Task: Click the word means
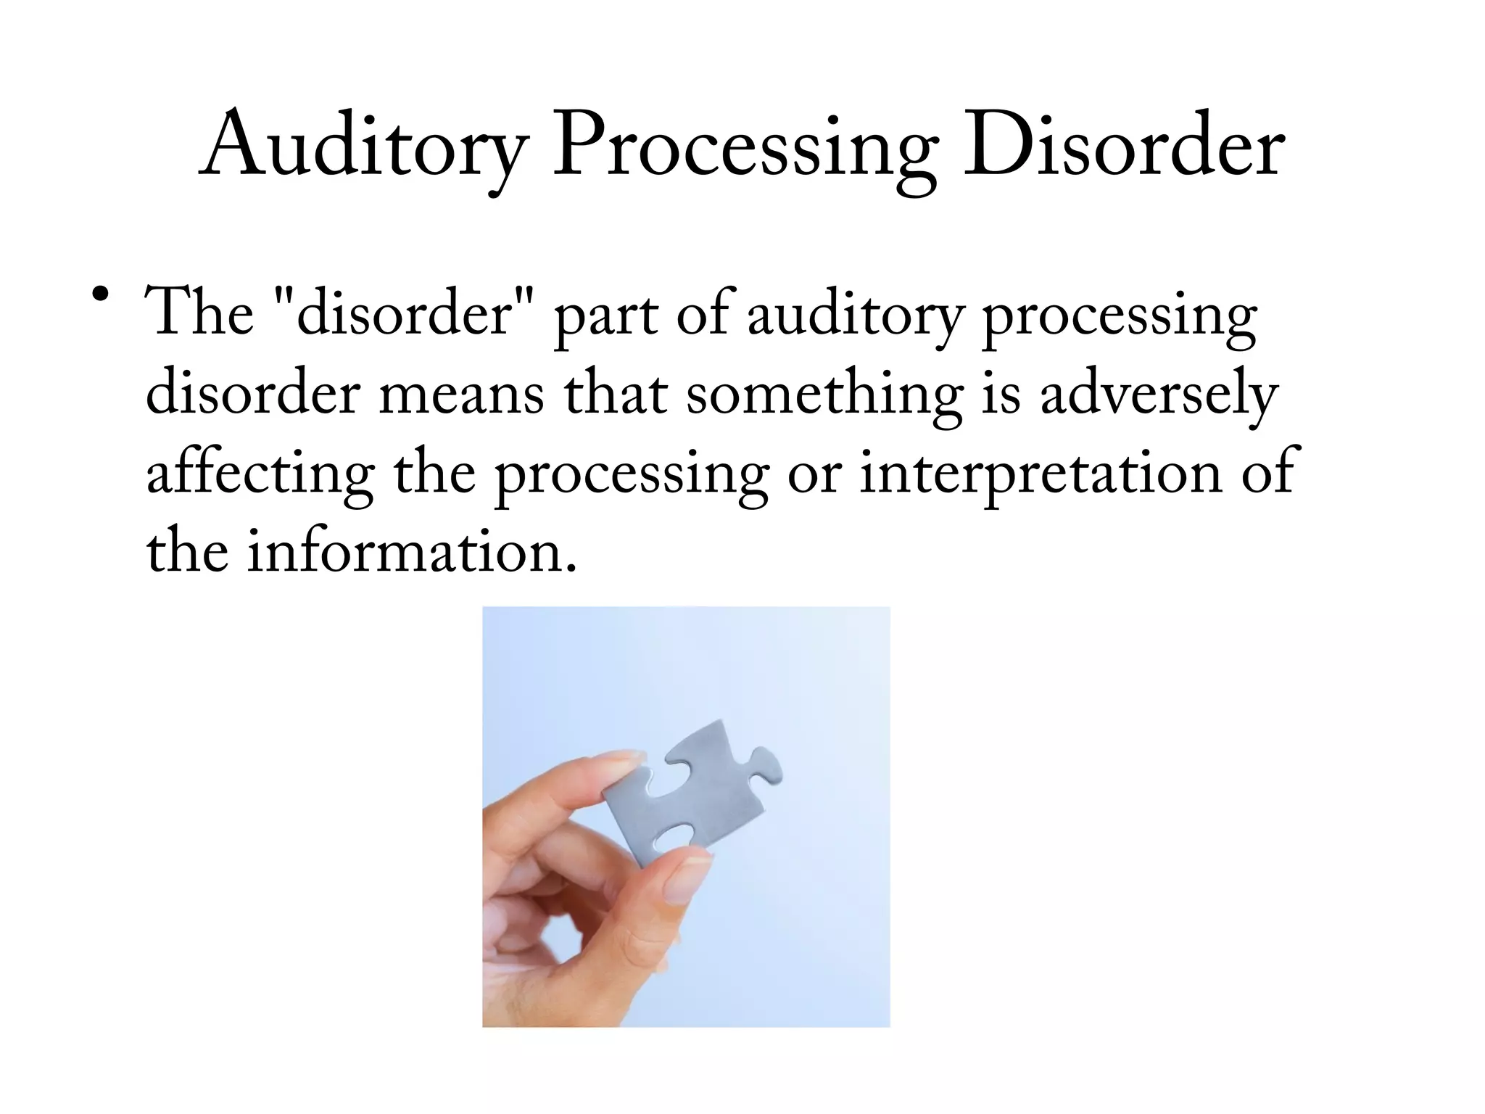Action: (x=462, y=395)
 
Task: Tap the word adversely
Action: (x=1158, y=395)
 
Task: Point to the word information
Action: (x=412, y=551)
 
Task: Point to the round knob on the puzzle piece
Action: (x=767, y=767)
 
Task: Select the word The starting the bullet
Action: (x=199, y=313)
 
